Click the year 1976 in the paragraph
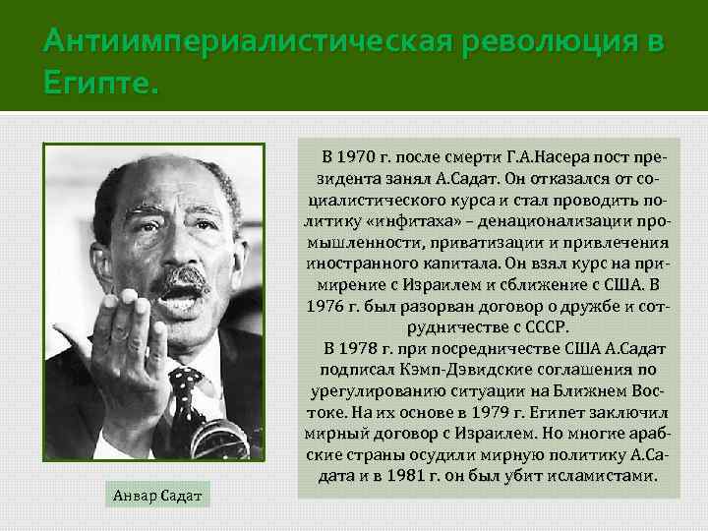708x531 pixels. coord(329,306)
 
